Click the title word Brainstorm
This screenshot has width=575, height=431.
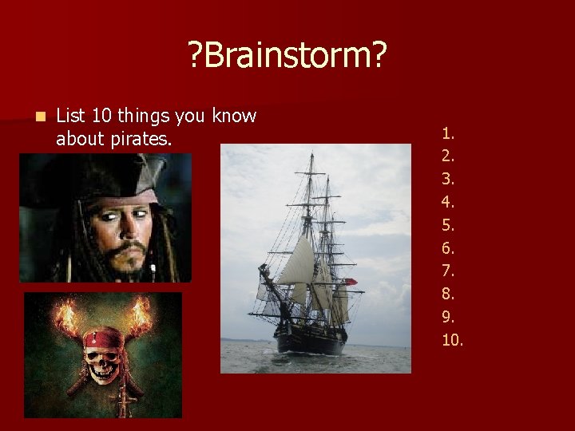click(x=287, y=56)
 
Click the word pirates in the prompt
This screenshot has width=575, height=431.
click(x=141, y=139)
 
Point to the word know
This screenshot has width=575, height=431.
click(x=235, y=117)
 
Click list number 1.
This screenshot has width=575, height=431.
click(x=448, y=132)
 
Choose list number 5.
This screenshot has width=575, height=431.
click(x=448, y=225)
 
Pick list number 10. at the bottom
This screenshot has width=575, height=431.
click(x=452, y=340)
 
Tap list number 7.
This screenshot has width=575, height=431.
click(x=448, y=271)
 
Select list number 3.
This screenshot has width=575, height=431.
click(x=448, y=179)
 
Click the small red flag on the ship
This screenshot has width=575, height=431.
click(x=350, y=282)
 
